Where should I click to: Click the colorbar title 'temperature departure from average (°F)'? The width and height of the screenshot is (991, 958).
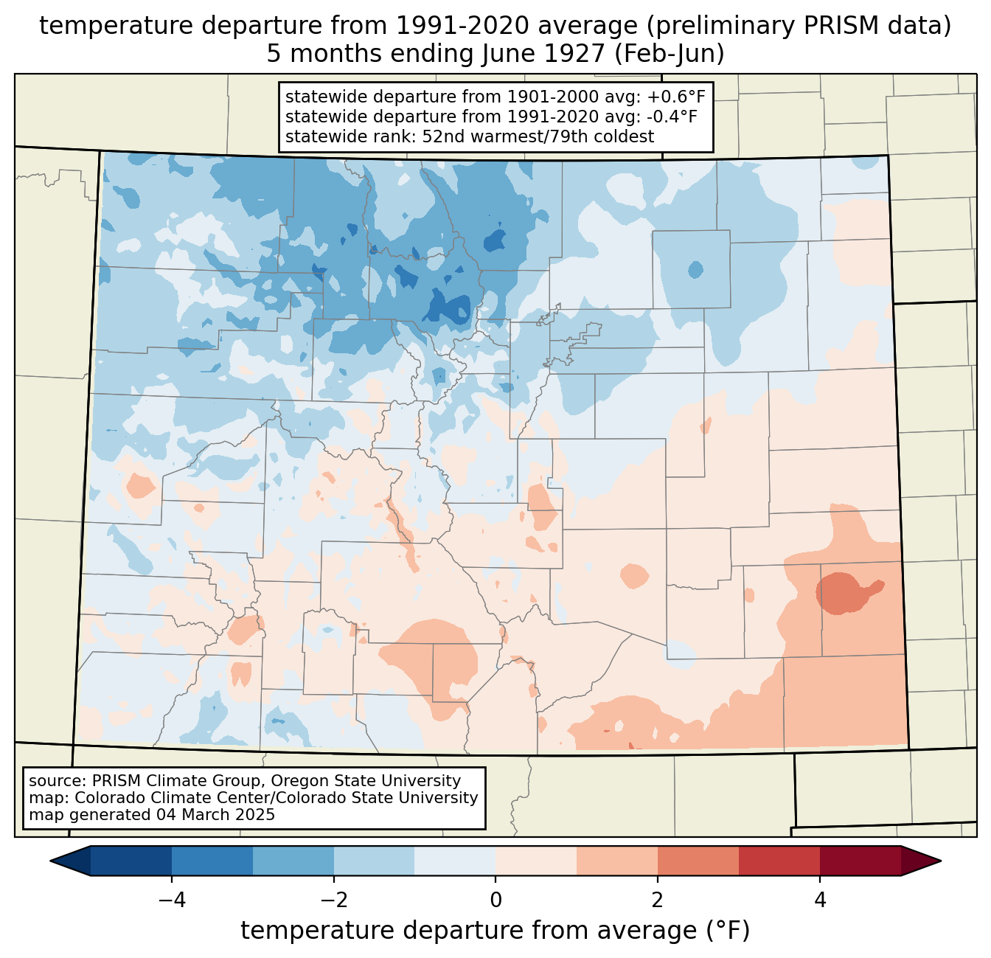coord(495,931)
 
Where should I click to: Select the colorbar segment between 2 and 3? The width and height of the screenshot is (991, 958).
coord(698,861)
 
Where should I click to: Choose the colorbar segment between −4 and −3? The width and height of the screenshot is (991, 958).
coord(212,861)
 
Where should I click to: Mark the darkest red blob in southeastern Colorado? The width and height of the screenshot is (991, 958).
coord(842,591)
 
